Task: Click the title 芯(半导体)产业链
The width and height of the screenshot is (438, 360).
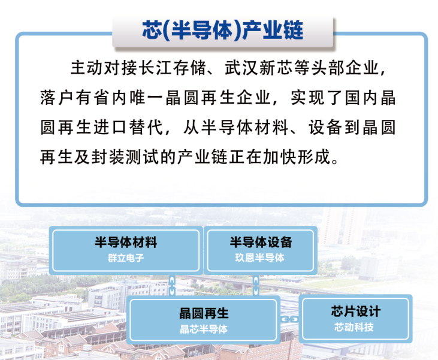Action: click(x=223, y=30)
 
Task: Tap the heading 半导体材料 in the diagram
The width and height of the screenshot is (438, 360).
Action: click(x=126, y=242)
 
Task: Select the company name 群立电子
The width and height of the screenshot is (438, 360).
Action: click(x=126, y=258)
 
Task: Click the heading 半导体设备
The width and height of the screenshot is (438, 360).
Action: click(x=261, y=242)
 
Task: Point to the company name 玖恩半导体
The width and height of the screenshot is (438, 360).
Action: click(x=260, y=258)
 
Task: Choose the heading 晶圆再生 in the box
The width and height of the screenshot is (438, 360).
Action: click(x=204, y=313)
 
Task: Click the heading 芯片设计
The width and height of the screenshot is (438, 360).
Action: click(x=355, y=311)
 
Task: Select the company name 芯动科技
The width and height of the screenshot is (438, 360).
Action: click(x=354, y=327)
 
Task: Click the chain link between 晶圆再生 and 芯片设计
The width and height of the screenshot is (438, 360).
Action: click(x=289, y=319)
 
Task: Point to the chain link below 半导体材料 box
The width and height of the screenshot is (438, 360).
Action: click(x=173, y=285)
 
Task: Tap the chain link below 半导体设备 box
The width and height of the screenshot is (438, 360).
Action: click(x=256, y=285)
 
